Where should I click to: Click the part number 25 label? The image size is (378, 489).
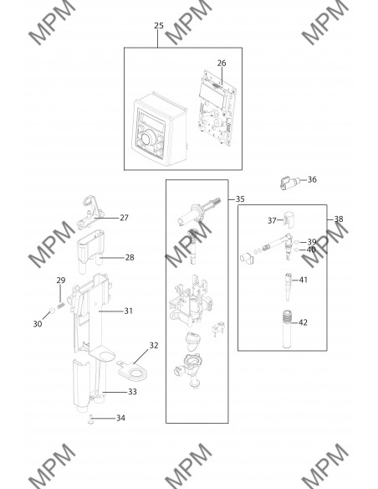(x=159, y=26)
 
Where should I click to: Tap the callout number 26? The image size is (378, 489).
(x=222, y=63)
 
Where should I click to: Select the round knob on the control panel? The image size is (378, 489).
(x=149, y=137)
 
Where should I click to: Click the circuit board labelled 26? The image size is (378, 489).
(x=217, y=107)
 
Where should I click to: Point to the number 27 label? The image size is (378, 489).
(x=125, y=218)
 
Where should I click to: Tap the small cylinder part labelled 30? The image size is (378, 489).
(x=52, y=311)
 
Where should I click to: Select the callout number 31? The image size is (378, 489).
(x=129, y=311)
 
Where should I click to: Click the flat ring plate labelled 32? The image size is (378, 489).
(x=133, y=371)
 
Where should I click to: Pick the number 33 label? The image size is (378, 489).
(x=132, y=392)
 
